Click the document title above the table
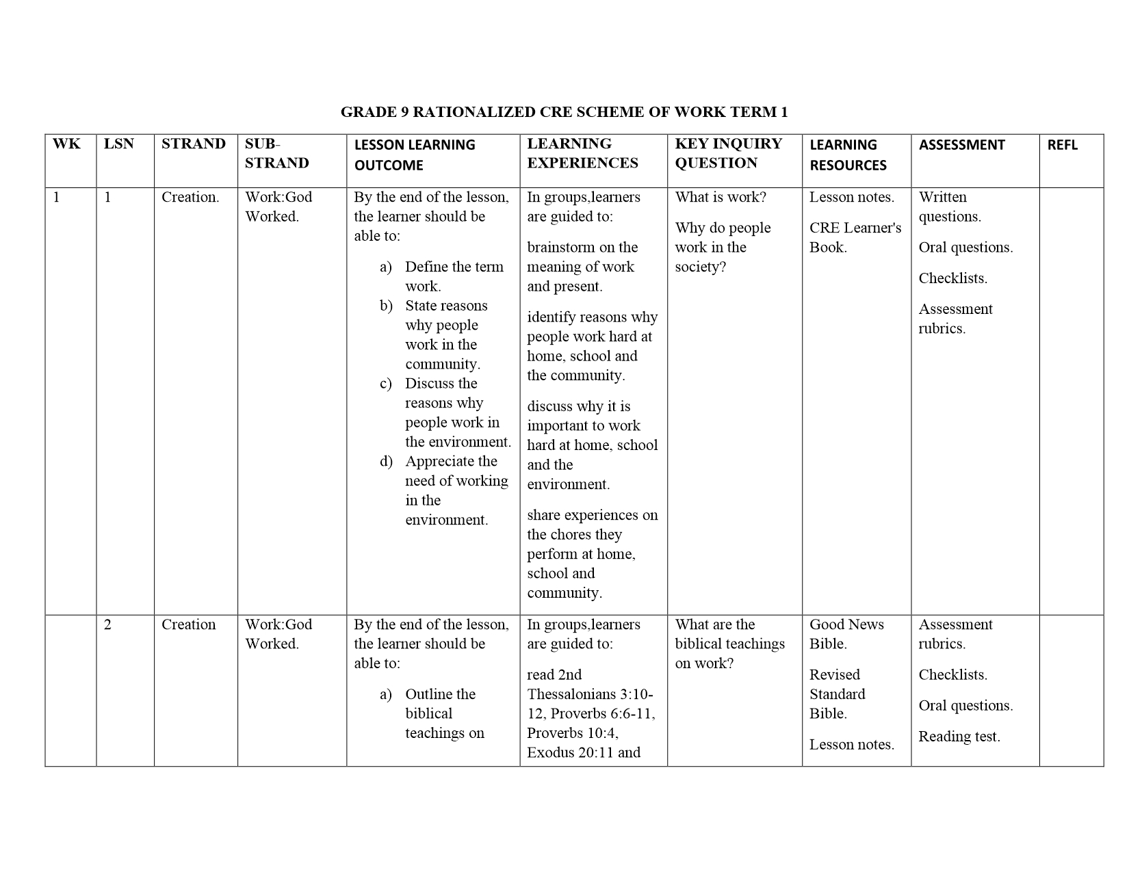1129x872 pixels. pyautogui.click(x=564, y=111)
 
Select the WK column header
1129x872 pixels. pyautogui.click(x=66, y=144)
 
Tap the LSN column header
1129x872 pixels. pyautogui.click(x=119, y=144)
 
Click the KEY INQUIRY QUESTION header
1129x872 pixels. pyautogui.click(x=728, y=153)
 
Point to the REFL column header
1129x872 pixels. pyautogui.click(x=1062, y=145)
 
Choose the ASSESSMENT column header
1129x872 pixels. pyautogui.click(x=961, y=145)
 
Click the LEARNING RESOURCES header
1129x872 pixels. pyautogui.click(x=848, y=155)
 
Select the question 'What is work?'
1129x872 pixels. pyautogui.click(x=721, y=197)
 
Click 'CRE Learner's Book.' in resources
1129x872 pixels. pyautogui.click(x=855, y=237)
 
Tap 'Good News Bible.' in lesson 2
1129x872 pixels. pyautogui.click(x=846, y=634)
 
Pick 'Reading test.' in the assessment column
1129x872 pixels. pyautogui.click(x=959, y=737)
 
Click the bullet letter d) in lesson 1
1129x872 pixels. pyautogui.click(x=386, y=462)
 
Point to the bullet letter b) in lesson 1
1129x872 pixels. pyautogui.click(x=386, y=306)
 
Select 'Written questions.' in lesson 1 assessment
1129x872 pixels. pyautogui.click(x=949, y=207)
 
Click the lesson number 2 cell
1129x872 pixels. pyautogui.click(x=108, y=624)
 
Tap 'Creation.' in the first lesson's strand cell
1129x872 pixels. pyautogui.click(x=190, y=197)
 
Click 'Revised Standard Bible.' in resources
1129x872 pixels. pyautogui.click(x=838, y=694)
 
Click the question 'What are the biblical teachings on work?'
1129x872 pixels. pyautogui.click(x=729, y=644)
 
